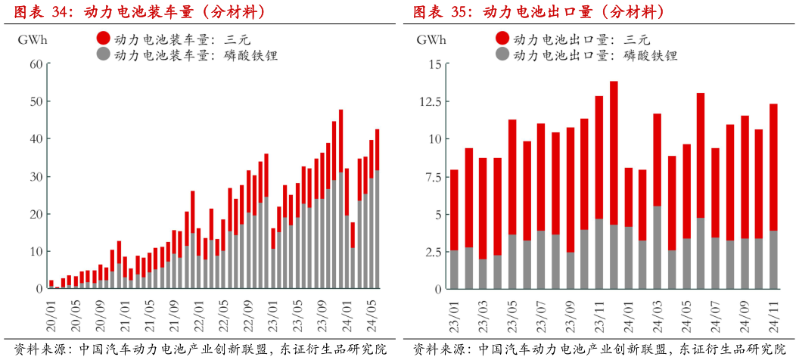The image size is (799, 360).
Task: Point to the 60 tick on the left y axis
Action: pos(34,64)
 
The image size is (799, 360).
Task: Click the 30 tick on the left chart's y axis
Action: pos(34,176)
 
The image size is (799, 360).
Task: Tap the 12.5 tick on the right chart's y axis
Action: pos(427,101)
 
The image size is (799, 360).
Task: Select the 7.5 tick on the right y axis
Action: pos(430,176)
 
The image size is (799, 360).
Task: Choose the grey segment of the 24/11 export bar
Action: pos(773,259)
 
